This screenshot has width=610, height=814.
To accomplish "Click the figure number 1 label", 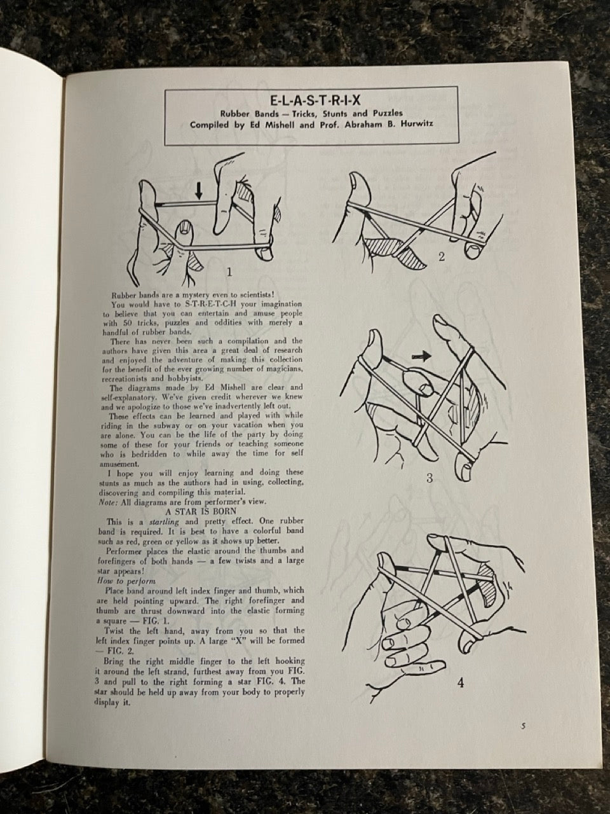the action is pyautogui.click(x=229, y=273).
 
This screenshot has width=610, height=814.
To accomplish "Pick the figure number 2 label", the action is pyautogui.click(x=441, y=257).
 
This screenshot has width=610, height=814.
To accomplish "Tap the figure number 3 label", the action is pyautogui.click(x=430, y=478).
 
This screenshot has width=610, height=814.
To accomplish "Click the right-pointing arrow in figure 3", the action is pyautogui.click(x=422, y=356).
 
